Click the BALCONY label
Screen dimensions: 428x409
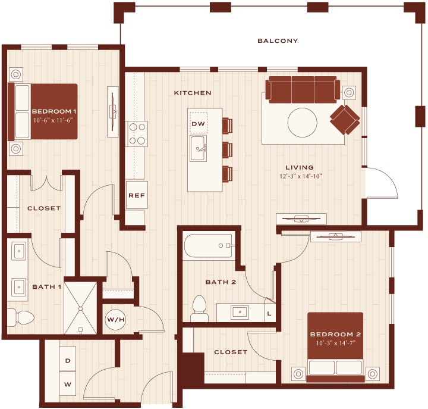tap(278, 41)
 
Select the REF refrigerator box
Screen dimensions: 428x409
tap(137, 195)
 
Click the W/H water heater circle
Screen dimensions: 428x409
tap(116, 319)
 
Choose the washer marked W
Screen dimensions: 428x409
tap(68, 383)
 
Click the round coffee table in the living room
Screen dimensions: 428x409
tap(303, 123)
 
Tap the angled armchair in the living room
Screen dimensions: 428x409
tap(345, 120)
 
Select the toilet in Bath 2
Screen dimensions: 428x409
tap(199, 308)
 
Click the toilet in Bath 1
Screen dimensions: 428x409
tap(20, 318)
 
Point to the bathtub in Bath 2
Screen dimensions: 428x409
tap(209, 245)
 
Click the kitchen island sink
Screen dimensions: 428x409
tap(199, 148)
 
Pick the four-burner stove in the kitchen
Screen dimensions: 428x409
tap(137, 134)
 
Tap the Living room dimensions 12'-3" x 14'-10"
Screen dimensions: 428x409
tap(301, 176)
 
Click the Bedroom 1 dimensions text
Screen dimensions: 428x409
tap(53, 120)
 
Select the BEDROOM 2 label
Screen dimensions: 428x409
tap(335, 334)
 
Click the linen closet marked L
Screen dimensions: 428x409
tap(270, 313)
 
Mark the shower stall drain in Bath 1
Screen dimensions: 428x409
tap(80, 308)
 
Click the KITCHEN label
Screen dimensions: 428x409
tap(193, 93)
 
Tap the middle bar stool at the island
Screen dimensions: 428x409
tap(227, 150)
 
